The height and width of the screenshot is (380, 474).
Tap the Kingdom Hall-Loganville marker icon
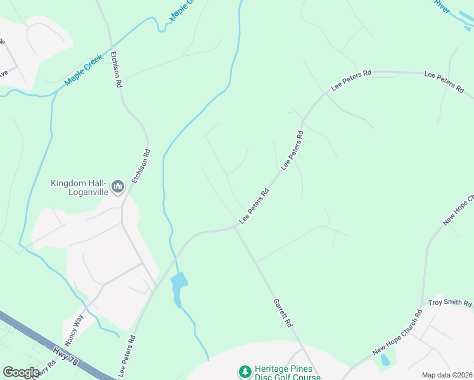pyautogui.click(x=117, y=187)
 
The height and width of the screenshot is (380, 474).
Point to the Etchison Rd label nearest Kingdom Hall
pyautogui.click(x=141, y=167)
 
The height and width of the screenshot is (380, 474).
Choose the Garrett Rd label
pyautogui.click(x=283, y=312)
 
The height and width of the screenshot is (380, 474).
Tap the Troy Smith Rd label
pyautogui.click(x=450, y=303)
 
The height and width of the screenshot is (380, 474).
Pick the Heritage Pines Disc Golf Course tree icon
pyautogui.click(x=244, y=370)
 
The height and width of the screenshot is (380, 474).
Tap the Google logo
pyautogui.click(x=21, y=372)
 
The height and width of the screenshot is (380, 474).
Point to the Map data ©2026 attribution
pyautogui.click(x=447, y=375)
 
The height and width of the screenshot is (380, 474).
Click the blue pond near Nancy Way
pyautogui.click(x=179, y=286)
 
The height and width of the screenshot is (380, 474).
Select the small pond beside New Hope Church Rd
pyautogui.click(x=384, y=360)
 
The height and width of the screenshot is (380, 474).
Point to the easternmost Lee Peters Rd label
pyautogui.click(x=444, y=83)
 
